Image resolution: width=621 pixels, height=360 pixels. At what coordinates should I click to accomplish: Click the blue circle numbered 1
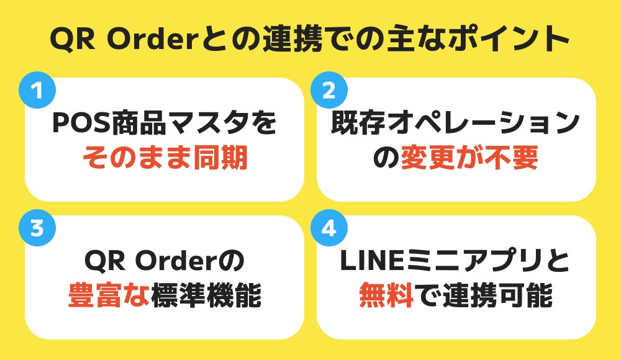[37, 91]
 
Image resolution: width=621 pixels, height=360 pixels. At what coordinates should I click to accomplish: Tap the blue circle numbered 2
[329, 91]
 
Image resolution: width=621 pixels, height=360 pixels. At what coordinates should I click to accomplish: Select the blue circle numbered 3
[37, 229]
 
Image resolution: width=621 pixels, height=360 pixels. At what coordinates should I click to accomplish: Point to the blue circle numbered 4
[329, 229]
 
